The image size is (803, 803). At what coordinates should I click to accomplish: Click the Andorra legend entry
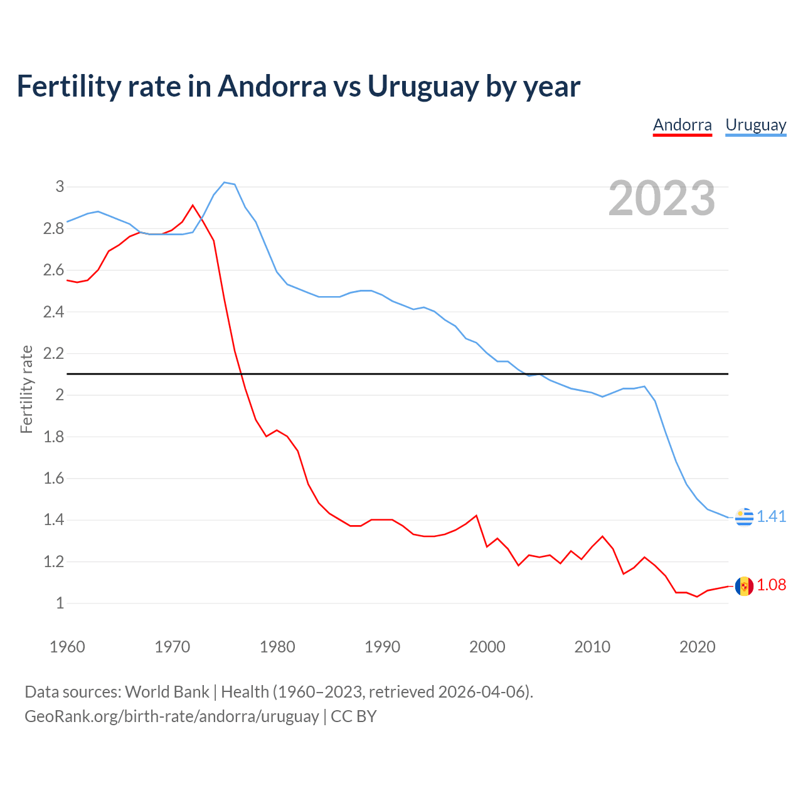pyautogui.click(x=682, y=125)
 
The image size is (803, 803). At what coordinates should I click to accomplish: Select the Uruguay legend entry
pyautogui.click(x=755, y=125)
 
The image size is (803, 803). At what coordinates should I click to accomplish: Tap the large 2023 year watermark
pyautogui.click(x=662, y=198)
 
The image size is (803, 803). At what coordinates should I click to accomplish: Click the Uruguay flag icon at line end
pyautogui.click(x=744, y=517)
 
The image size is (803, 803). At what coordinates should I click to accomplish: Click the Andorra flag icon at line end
pyautogui.click(x=744, y=586)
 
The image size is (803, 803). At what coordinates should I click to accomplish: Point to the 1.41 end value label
pyautogui.click(x=771, y=516)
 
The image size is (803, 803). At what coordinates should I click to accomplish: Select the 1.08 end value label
pyautogui.click(x=771, y=585)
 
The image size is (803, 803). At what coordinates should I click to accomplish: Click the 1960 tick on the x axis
pyautogui.click(x=67, y=647)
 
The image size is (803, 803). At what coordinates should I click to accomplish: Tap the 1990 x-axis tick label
pyautogui.click(x=382, y=647)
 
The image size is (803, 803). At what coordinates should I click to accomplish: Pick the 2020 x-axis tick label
pyautogui.click(x=697, y=647)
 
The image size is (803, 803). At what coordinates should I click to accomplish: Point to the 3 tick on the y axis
pyautogui.click(x=60, y=186)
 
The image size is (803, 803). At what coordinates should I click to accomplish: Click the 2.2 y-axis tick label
pyautogui.click(x=54, y=353)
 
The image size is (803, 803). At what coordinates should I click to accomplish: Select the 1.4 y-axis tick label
pyautogui.click(x=54, y=519)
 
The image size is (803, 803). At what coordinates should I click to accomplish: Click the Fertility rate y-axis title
pyautogui.click(x=26, y=389)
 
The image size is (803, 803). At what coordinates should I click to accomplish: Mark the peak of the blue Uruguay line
pyautogui.click(x=225, y=183)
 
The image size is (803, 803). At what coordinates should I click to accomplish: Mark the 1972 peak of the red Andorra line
pyautogui.click(x=193, y=205)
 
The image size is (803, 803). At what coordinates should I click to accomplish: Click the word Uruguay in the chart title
pyautogui.click(x=423, y=86)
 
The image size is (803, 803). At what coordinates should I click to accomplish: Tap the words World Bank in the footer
pyautogui.click(x=167, y=692)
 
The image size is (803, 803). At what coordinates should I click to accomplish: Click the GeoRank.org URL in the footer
pyautogui.click(x=171, y=716)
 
